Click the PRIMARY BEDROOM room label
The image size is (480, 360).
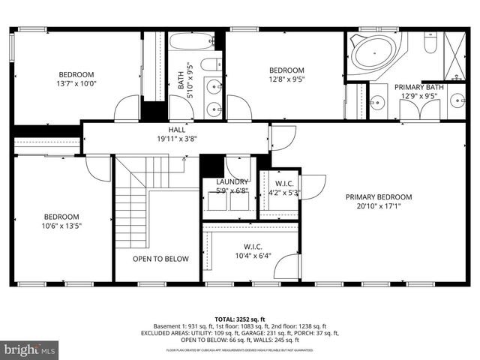click(x=379, y=196)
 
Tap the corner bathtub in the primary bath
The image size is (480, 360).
click(x=373, y=52)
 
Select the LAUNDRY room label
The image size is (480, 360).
click(x=232, y=181)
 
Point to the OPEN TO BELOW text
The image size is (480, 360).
click(x=160, y=259)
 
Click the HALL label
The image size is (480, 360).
click(x=176, y=129)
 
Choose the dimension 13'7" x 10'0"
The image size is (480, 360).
click(x=76, y=83)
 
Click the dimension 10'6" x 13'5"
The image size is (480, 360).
click(x=61, y=225)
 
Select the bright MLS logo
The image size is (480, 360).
click(x=30, y=349)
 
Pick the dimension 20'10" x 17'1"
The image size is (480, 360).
click(x=379, y=205)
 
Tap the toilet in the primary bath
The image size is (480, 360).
click(x=430, y=45)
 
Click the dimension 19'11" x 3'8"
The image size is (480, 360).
click(x=176, y=138)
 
